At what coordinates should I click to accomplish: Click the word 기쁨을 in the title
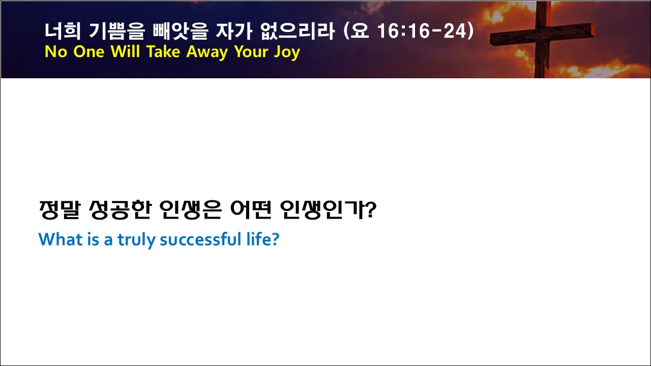coord(116,31)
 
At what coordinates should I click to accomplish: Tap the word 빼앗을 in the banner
coord(181,31)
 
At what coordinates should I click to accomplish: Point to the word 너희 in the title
coord(63,31)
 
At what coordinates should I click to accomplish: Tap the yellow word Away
coord(207,52)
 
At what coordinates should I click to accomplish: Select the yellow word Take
coord(163,52)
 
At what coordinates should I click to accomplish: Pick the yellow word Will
coord(125,52)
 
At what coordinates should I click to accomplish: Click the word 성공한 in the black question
coord(120,210)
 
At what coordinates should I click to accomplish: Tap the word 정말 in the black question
coord(60,210)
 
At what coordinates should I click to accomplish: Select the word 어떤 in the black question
coord(251,210)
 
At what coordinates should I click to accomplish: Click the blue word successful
coord(200,239)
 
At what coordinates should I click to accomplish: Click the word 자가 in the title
coord(234,31)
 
